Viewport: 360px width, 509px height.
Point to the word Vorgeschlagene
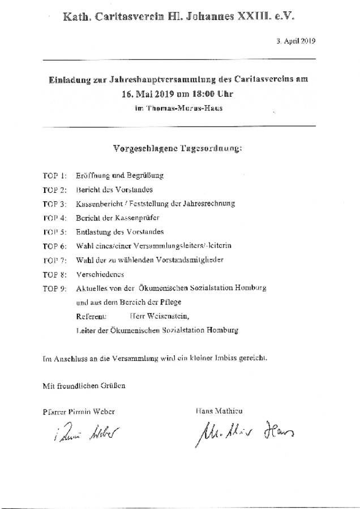coord(141,149)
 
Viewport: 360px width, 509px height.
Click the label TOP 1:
coord(55,176)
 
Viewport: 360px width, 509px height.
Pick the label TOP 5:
coord(55,232)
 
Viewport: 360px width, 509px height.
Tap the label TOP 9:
coord(55,288)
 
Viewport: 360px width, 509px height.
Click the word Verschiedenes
coord(100,274)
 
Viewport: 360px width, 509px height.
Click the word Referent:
coord(91,316)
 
